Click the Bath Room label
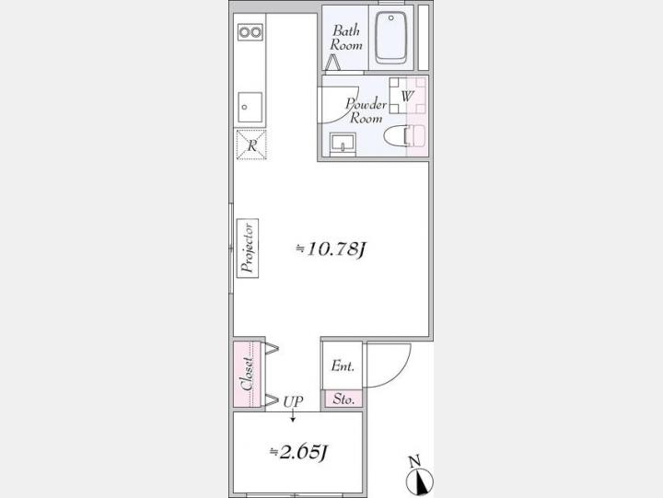point(346,38)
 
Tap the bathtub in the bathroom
point(391,38)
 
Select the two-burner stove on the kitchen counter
point(250,32)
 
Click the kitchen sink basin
point(250,108)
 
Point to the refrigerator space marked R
point(251,145)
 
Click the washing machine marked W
point(407,96)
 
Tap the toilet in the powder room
point(404,136)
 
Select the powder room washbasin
point(343,143)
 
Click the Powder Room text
point(366,110)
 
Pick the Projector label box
point(248,249)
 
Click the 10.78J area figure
point(331,249)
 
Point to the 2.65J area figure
point(299,452)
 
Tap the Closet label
point(248,374)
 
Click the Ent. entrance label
point(343,365)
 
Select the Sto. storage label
point(343,399)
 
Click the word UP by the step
point(293,401)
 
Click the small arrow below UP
point(293,415)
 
